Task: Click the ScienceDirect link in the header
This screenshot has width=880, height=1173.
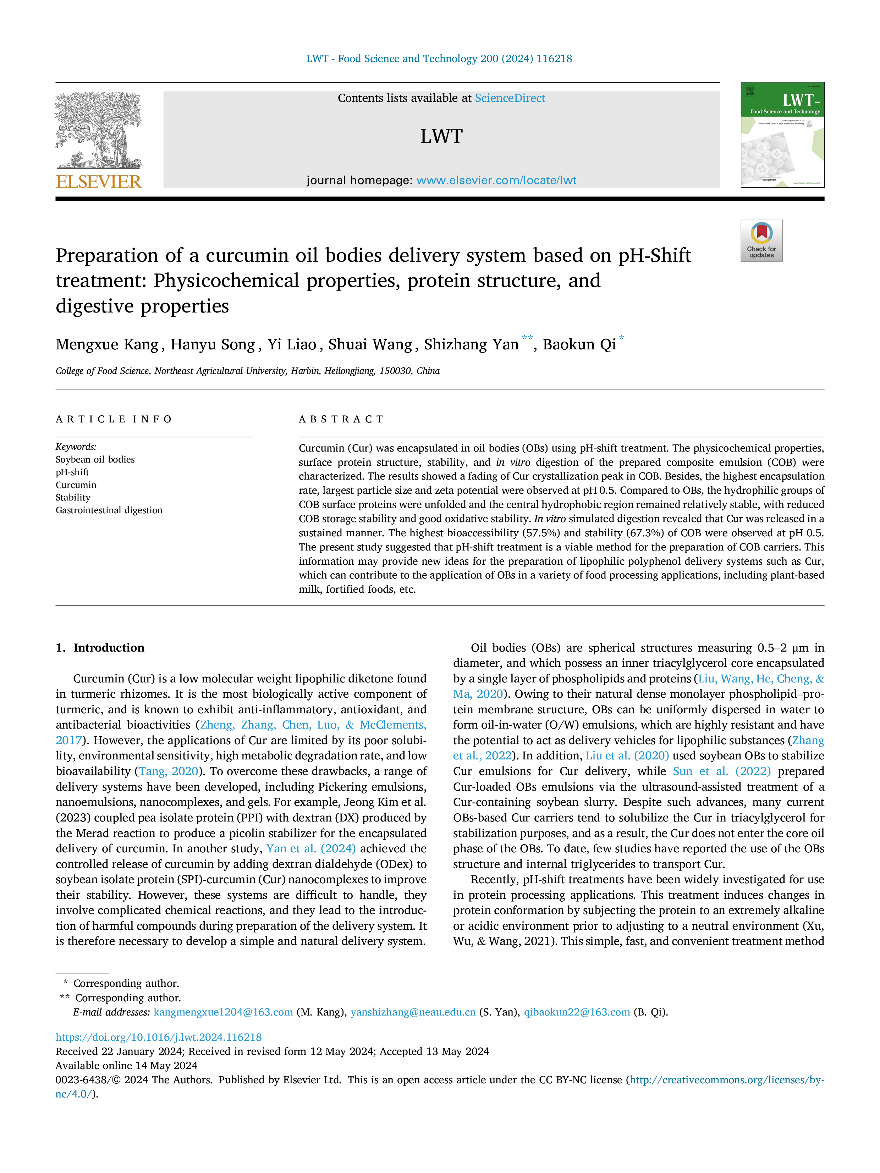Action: pyautogui.click(x=510, y=98)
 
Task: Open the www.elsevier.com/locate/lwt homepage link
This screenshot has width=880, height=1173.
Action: pyautogui.click(x=496, y=180)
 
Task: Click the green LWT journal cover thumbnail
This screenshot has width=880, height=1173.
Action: pyautogui.click(x=782, y=135)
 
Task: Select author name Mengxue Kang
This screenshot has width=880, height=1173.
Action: pyautogui.click(x=107, y=345)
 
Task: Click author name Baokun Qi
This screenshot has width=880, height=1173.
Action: pyautogui.click(x=579, y=345)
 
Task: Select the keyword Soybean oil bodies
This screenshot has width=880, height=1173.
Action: pyautogui.click(x=95, y=459)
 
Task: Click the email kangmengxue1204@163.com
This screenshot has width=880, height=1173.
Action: pyautogui.click(x=223, y=1012)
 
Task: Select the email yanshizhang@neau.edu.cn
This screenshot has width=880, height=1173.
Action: pyautogui.click(x=413, y=1012)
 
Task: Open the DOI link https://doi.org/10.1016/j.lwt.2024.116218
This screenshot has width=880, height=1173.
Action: pyautogui.click(x=159, y=1037)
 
